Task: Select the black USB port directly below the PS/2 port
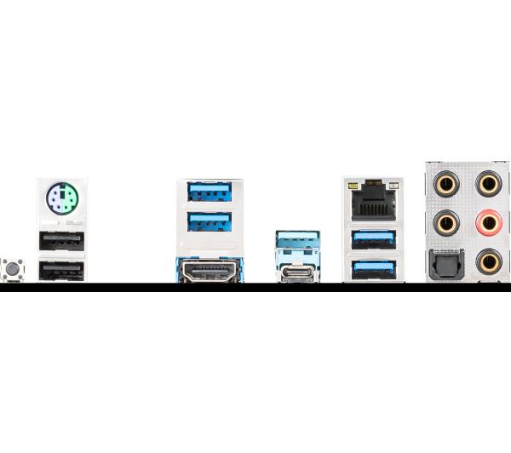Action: pyautogui.click(x=61, y=241)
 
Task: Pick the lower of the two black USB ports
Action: pyautogui.click(x=61, y=269)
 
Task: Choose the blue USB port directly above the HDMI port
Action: pyautogui.click(x=210, y=221)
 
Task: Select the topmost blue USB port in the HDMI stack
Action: pyautogui.click(x=210, y=191)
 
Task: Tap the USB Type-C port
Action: pyautogui.click(x=298, y=272)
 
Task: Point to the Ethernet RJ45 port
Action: pyautogui.click(x=373, y=203)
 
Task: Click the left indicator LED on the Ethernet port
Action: pyautogui.click(x=351, y=183)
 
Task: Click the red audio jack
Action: pyautogui.click(x=488, y=224)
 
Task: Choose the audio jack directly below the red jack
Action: pyautogui.click(x=488, y=262)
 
